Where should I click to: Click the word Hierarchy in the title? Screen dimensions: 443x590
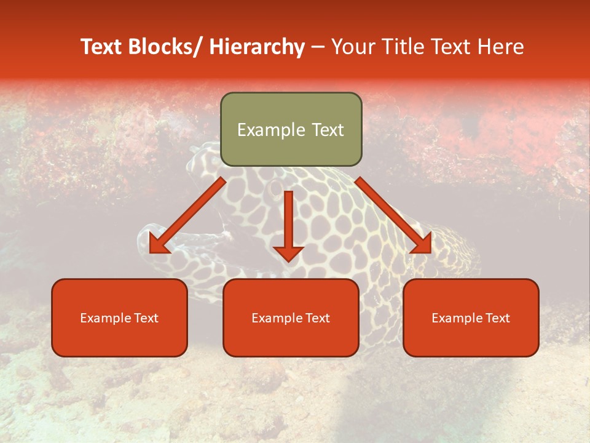(256, 47)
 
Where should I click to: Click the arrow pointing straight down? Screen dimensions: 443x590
(288, 221)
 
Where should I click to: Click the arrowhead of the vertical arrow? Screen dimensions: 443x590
(288, 253)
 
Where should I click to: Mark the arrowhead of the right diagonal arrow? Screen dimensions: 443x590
(423, 244)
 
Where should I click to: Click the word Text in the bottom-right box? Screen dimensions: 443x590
(497, 318)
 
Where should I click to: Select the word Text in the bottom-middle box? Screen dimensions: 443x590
(317, 318)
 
